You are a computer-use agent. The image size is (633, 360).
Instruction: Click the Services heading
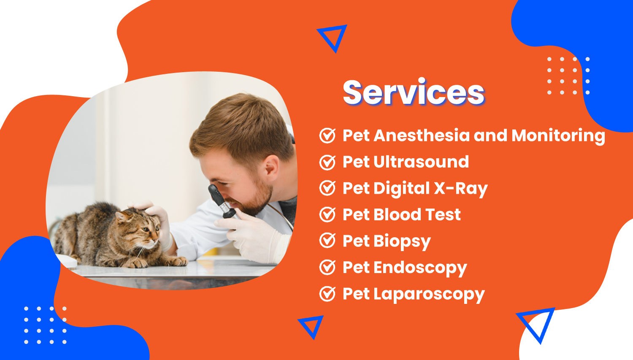coord(414,92)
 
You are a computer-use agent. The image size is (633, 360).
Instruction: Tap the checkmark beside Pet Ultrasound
coord(327,162)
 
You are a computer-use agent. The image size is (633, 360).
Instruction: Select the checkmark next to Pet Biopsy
coord(327,241)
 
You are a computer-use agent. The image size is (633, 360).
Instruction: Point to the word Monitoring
coord(558,136)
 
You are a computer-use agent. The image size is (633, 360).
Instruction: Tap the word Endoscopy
coord(420,268)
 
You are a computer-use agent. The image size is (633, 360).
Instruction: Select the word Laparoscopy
coord(429,295)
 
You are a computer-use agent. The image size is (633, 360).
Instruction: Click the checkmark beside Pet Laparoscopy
coord(327,294)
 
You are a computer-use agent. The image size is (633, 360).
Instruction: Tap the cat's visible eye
coord(146,229)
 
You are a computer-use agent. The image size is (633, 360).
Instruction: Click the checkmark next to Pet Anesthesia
coord(327,135)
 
